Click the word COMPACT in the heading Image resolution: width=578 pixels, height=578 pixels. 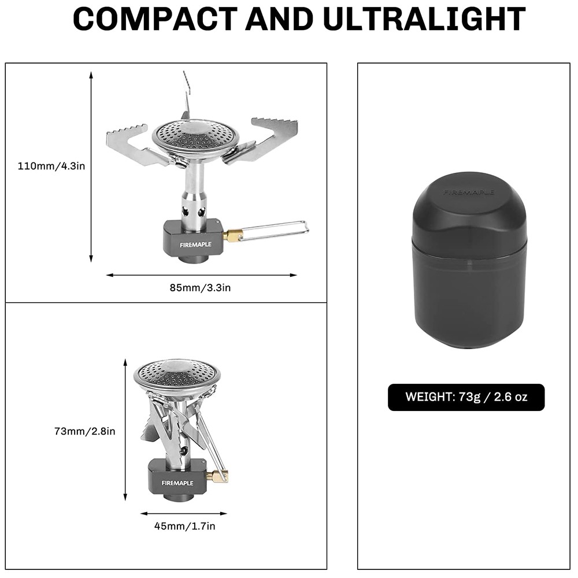point(155,19)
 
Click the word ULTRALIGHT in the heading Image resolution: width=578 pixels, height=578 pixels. point(424,19)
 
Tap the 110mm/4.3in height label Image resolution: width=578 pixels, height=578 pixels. point(51,166)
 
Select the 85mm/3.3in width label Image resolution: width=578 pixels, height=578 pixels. point(200,287)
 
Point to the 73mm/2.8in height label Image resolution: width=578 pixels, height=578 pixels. point(85,431)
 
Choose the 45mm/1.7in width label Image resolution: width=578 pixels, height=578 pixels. point(185,526)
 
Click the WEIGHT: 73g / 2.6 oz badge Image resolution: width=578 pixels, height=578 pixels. point(466,397)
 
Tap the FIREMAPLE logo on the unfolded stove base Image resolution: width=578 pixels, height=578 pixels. point(196,244)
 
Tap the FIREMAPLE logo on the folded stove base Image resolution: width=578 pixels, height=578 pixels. point(177,483)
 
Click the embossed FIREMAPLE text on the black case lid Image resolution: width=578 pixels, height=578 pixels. point(469,192)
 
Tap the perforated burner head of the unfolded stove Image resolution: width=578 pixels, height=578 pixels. point(195,138)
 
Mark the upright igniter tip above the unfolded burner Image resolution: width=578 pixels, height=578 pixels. point(186,96)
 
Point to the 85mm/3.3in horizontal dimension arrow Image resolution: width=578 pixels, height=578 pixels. point(201,275)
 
